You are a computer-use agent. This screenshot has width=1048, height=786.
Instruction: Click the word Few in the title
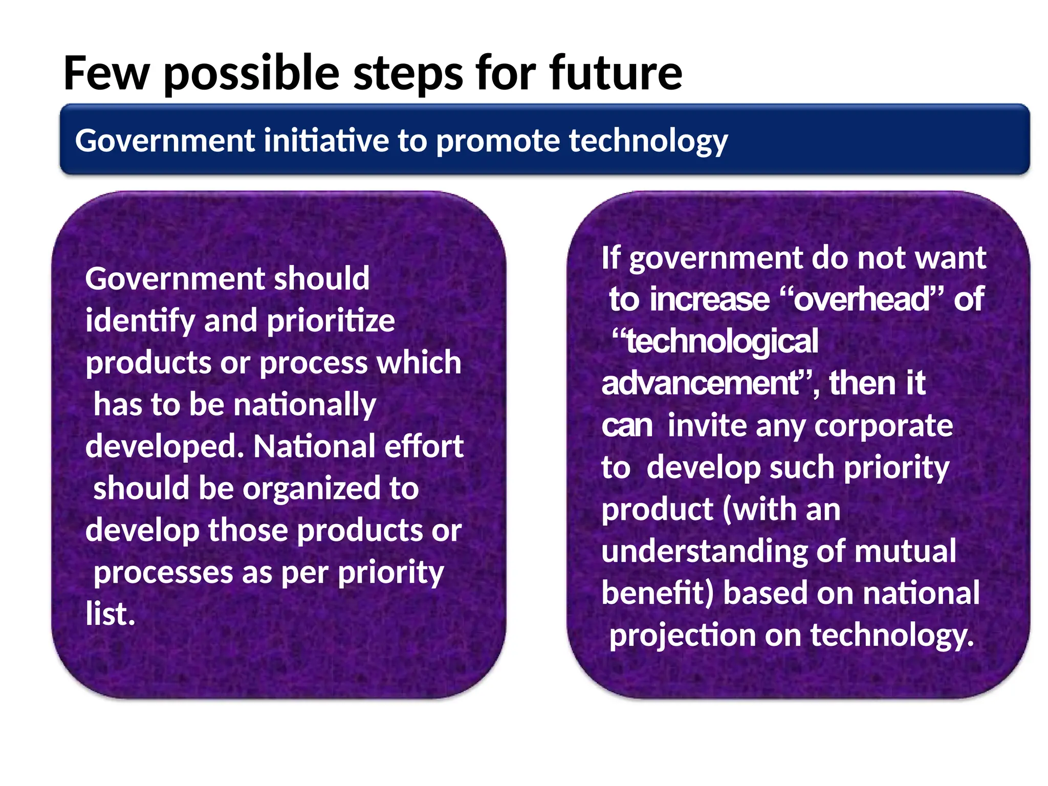click(106, 73)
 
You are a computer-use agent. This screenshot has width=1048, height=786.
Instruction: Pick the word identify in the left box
click(140, 321)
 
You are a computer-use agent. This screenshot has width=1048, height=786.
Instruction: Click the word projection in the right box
click(682, 636)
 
